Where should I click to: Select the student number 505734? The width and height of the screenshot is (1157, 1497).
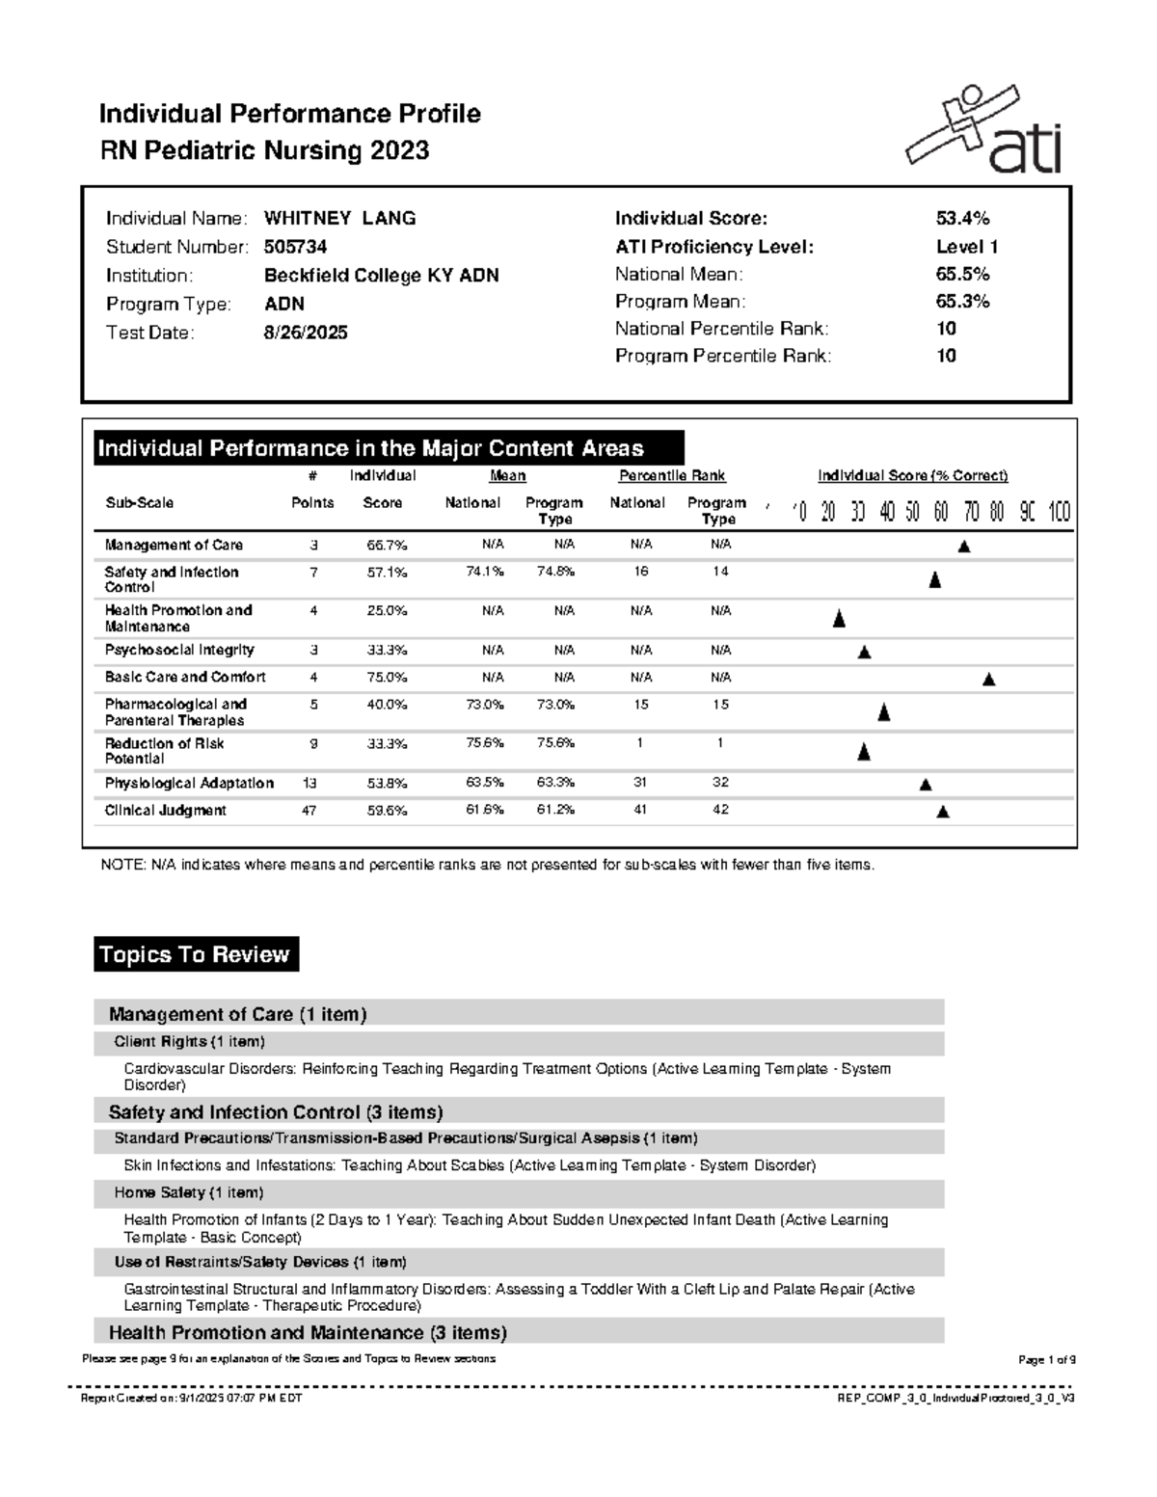(x=295, y=247)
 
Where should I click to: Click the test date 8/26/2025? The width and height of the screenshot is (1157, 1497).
(x=306, y=333)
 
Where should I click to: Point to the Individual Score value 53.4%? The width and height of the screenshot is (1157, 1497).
(x=962, y=219)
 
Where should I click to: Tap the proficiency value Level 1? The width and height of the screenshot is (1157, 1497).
(x=966, y=247)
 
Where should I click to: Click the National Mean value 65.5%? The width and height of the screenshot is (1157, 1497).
(x=962, y=274)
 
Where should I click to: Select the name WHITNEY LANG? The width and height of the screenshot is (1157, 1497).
(x=339, y=219)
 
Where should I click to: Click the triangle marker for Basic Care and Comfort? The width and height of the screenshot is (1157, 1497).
(x=988, y=680)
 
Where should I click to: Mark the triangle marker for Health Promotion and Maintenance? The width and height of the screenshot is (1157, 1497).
(x=839, y=619)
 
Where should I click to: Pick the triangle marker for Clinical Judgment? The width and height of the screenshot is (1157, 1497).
(x=943, y=813)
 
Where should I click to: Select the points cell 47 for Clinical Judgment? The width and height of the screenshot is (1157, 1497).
(x=309, y=811)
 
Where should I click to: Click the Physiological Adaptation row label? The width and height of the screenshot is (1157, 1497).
(x=189, y=784)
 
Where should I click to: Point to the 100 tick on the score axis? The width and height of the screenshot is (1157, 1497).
(x=1059, y=512)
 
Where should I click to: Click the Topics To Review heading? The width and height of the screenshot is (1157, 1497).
(x=194, y=954)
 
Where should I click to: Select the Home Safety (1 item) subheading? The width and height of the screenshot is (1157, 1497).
(x=189, y=1192)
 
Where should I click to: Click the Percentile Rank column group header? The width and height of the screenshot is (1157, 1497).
(x=671, y=475)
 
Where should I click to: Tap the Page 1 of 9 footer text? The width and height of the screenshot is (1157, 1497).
(x=1046, y=1360)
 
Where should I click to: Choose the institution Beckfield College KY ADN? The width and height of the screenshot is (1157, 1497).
(x=381, y=276)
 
